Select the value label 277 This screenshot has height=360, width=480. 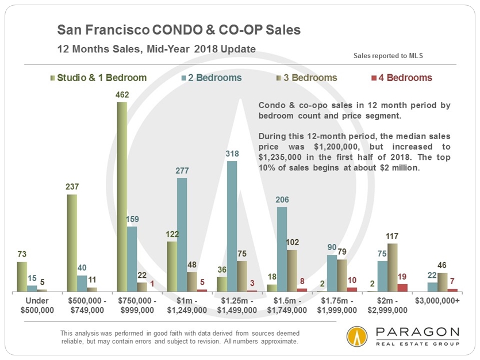point(182,171)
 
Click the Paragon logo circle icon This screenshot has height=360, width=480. point(358,337)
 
